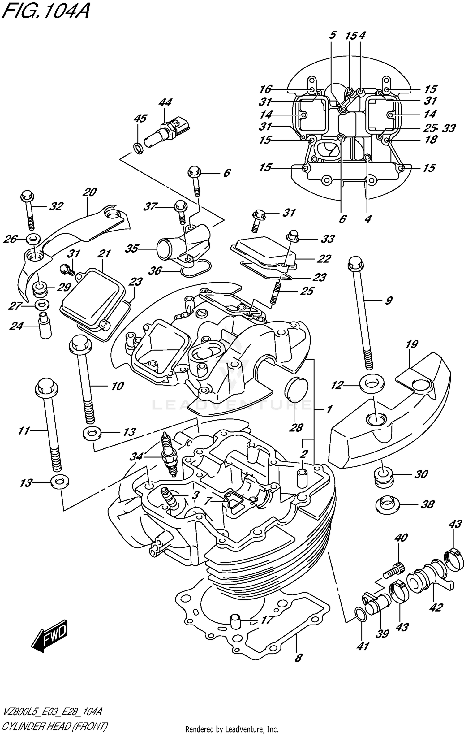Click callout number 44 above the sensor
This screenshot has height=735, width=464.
(165, 103)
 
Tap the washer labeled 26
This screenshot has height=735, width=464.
(33, 239)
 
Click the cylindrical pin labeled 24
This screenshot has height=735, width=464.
(44, 326)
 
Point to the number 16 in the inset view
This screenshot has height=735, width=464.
(265, 89)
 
